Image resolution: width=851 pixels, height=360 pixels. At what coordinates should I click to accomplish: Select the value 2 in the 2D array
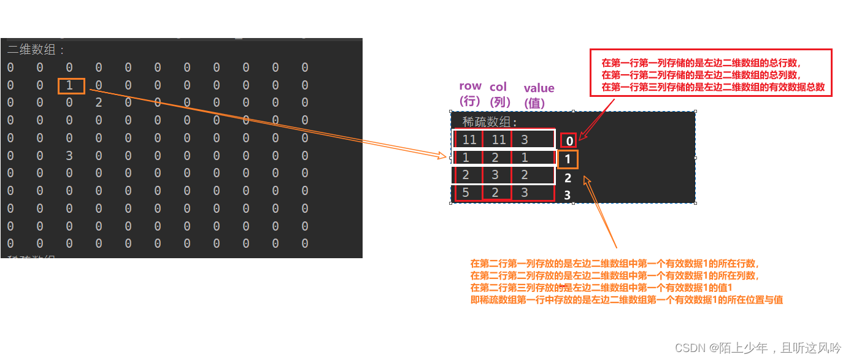tap(99, 102)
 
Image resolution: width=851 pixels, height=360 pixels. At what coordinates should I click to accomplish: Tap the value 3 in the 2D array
tap(69, 156)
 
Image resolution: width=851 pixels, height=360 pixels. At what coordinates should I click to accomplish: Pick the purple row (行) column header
tap(470, 93)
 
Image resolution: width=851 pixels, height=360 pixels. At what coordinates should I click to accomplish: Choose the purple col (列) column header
tap(499, 94)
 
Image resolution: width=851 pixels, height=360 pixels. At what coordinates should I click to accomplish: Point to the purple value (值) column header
tap(539, 96)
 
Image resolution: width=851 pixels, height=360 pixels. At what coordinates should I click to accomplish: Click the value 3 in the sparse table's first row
tap(525, 140)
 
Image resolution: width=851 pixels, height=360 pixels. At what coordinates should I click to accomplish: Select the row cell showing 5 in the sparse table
tap(466, 193)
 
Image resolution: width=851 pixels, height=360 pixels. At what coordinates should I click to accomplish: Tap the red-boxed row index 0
tap(569, 141)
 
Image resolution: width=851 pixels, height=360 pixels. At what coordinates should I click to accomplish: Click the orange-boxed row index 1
tap(568, 159)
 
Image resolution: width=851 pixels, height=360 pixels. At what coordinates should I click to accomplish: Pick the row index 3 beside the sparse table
tap(567, 195)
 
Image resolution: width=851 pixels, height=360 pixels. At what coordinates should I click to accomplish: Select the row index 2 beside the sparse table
tap(568, 178)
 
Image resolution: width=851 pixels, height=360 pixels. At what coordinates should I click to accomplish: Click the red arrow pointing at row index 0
tap(596, 120)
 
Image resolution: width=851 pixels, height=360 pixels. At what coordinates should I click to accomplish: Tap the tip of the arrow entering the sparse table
tap(447, 156)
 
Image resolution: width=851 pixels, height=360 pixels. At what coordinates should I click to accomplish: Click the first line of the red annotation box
tap(701, 63)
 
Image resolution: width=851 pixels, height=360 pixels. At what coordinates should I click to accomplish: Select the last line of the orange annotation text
tap(627, 300)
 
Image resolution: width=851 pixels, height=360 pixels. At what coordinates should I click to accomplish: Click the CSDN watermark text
tap(758, 348)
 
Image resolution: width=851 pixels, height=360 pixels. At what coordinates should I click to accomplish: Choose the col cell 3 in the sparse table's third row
tap(495, 175)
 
